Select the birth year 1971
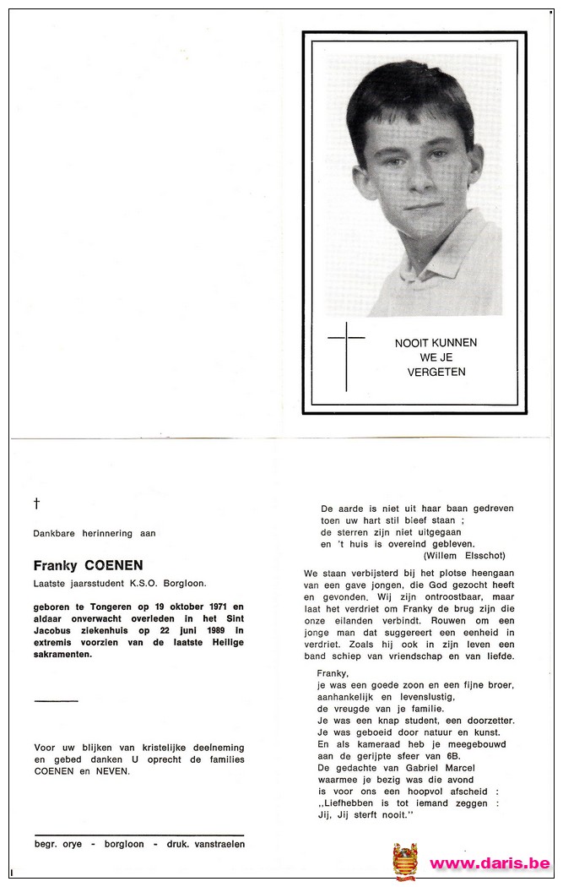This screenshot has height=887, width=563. (212, 607)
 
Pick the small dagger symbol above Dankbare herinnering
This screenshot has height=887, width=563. (36, 503)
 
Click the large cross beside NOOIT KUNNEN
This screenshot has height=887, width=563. (346, 355)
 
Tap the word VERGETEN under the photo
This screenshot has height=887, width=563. (436, 372)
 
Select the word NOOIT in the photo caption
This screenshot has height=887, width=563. (410, 343)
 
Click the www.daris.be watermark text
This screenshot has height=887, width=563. (490, 863)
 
